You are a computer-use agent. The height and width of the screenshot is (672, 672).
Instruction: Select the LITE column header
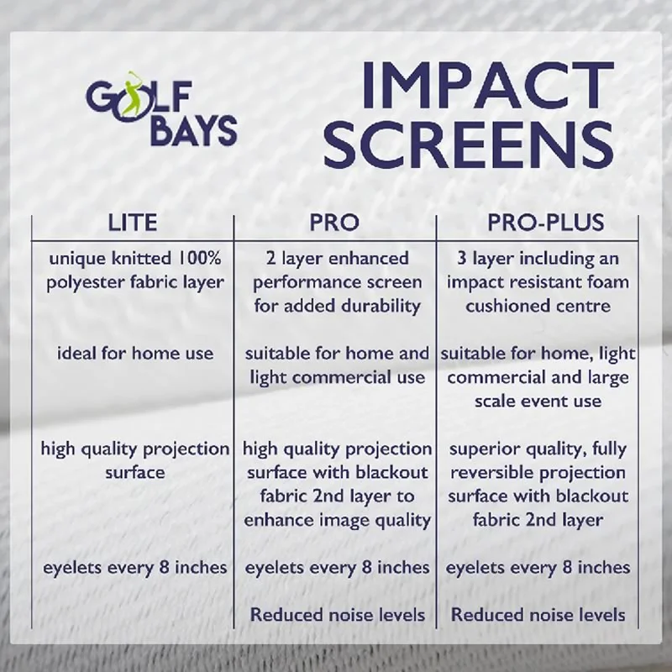coord(133,223)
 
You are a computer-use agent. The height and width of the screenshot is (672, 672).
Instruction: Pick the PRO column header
coord(334,223)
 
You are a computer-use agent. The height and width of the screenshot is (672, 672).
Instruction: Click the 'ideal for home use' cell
coord(134,354)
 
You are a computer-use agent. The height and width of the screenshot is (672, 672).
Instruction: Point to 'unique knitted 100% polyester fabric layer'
coord(134,270)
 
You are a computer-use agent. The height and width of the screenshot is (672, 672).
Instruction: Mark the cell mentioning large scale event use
coord(538,377)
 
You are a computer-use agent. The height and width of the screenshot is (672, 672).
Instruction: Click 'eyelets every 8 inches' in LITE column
coord(134,568)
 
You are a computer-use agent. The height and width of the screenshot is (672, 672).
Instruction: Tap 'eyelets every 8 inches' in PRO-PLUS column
coord(538,568)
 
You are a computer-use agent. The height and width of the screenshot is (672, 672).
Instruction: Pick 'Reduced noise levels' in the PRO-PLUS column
coord(538,615)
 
